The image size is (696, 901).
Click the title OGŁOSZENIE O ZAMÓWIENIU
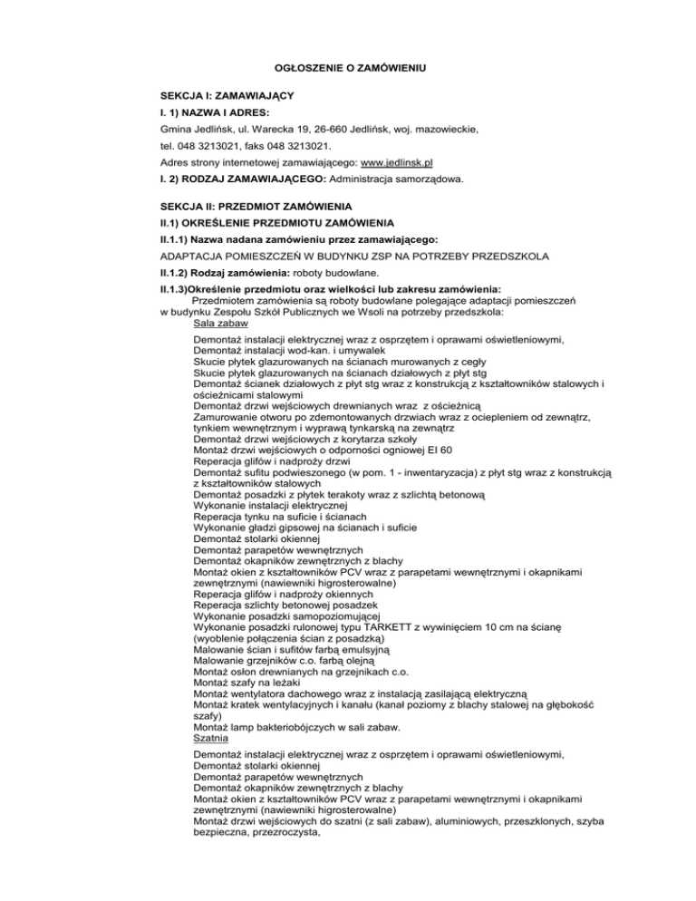(349, 69)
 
